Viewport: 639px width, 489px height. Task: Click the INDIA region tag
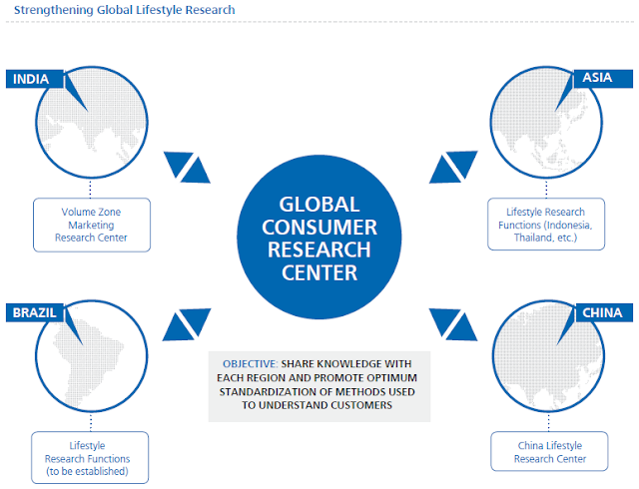pos(35,79)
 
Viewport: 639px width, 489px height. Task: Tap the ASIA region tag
pos(603,79)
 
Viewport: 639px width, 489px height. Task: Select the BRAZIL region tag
pos(35,313)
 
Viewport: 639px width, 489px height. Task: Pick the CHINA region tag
pos(604,313)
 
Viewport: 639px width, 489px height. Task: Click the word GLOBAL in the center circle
pos(319,205)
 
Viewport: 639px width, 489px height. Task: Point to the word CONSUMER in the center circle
pos(319,227)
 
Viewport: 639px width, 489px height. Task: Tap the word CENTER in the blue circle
pos(319,272)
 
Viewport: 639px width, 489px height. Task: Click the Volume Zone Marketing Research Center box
pos(92,225)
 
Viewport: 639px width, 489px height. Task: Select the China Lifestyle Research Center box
pos(549,451)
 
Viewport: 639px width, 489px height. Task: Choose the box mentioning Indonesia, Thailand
pos(546,225)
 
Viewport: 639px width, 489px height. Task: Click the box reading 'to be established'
pos(90,458)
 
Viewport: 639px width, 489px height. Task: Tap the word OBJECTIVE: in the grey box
pos(251,364)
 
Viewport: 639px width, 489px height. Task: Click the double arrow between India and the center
pos(187,168)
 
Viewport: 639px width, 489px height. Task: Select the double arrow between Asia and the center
pos(453,167)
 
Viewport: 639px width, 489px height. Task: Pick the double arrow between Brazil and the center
pos(187,324)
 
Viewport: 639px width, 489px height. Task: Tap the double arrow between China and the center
pos(453,324)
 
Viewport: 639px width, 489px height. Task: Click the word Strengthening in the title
pos(53,10)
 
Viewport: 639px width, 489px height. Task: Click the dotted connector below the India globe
pos(90,189)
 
